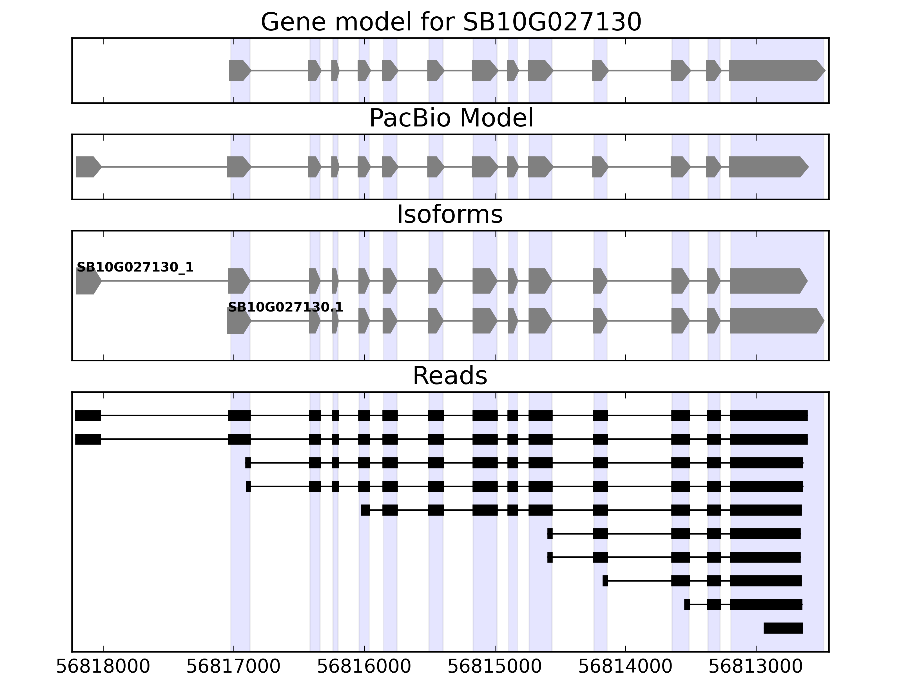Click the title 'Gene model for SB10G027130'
tap(451, 22)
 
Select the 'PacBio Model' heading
tap(451, 118)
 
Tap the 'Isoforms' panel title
tap(450, 215)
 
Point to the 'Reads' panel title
tap(450, 376)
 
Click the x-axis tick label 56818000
tap(103, 667)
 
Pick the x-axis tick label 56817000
tap(233, 667)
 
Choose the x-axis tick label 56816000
tap(364, 667)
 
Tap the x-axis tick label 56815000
tap(495, 667)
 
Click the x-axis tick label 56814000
tap(625, 667)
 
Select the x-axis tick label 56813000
tap(756, 667)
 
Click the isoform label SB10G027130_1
tap(135, 267)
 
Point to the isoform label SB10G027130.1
tap(285, 307)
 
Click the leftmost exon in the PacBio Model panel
tap(87, 167)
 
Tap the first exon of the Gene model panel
tap(239, 70)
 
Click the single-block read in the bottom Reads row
tap(783, 628)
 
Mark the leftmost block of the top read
tap(88, 416)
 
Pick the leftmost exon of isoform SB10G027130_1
tap(87, 281)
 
